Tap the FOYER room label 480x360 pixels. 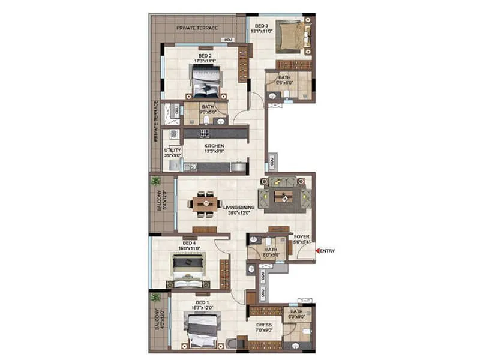(301, 236)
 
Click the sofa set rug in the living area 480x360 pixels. (285, 196)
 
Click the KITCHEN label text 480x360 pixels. (214, 146)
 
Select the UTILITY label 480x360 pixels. (172, 151)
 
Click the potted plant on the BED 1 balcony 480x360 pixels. (155, 298)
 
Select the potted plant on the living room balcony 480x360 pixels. (155, 181)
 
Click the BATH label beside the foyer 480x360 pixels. (271, 249)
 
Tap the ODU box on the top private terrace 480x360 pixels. (227, 40)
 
